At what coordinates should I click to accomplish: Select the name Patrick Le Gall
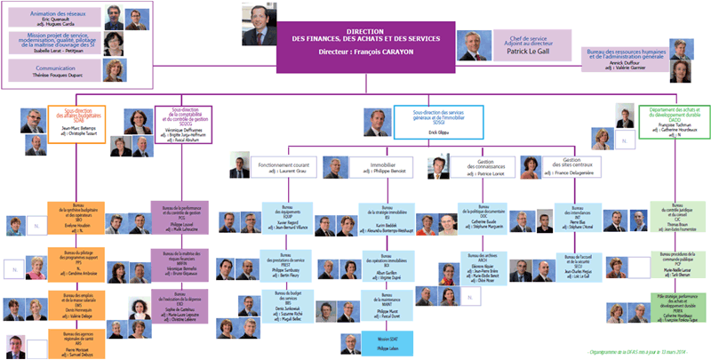tap(528, 51)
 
